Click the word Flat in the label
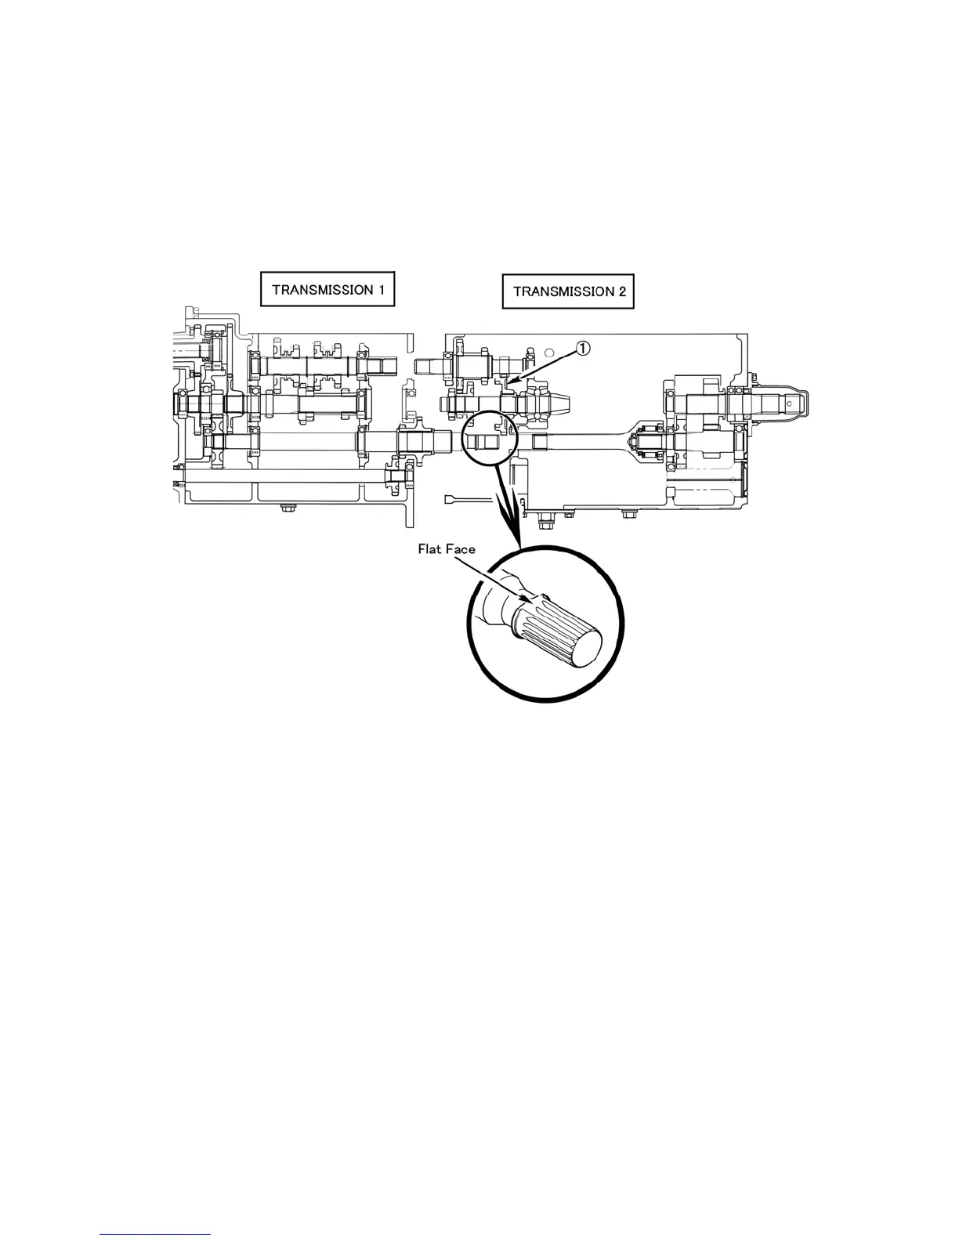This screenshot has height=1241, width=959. [x=431, y=549]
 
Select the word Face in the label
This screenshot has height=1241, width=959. [x=461, y=549]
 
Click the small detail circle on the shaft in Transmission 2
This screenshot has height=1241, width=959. [x=486, y=436]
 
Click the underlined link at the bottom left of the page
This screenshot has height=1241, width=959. [x=156, y=1236]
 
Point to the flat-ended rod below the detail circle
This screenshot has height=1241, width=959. [x=469, y=499]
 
